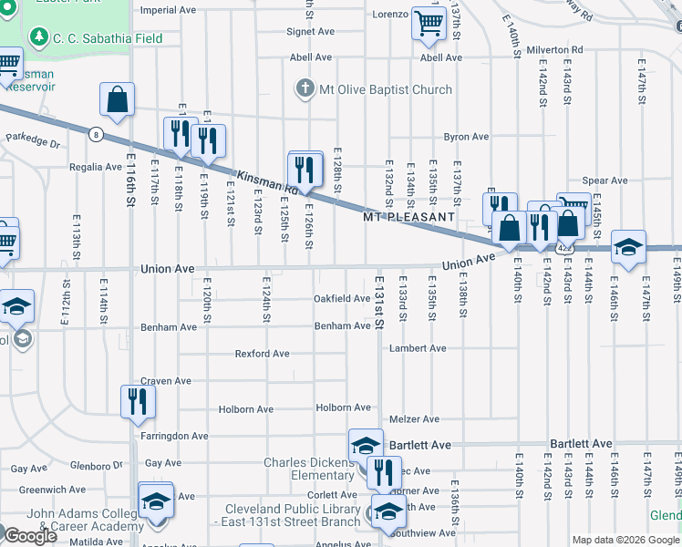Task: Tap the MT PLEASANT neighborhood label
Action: [x=408, y=218]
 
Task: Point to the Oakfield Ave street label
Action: [x=342, y=298]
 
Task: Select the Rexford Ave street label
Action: [x=262, y=354]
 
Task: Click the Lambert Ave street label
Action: [x=418, y=348]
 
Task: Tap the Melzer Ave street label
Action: [x=414, y=419]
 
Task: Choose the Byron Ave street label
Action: [x=466, y=137]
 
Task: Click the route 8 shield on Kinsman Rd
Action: [x=95, y=134]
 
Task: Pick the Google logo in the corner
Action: [x=30, y=537]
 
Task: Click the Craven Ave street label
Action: [x=165, y=381]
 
